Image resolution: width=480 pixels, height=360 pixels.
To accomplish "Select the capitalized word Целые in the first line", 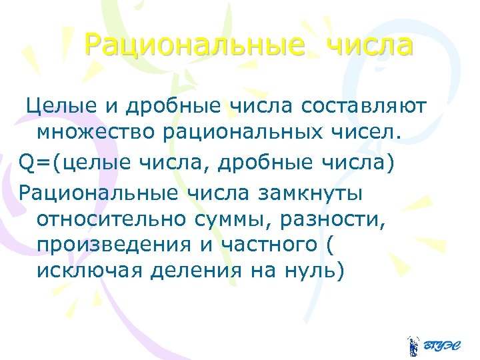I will (56, 106).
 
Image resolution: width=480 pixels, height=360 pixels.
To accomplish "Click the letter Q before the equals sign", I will (25, 162).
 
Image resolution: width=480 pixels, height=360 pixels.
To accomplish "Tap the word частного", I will (269, 245).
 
